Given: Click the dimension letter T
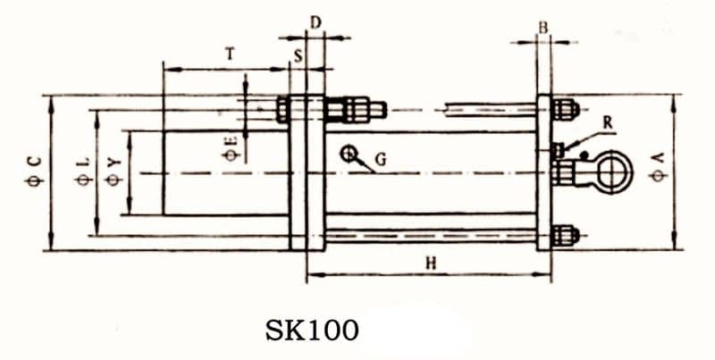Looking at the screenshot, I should click(230, 54).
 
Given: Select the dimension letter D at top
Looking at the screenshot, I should click(314, 21).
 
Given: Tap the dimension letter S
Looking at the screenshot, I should click(298, 55).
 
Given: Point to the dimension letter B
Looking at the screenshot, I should click(543, 27).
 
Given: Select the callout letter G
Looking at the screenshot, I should click(380, 161).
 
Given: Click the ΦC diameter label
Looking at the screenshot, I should click(33, 170).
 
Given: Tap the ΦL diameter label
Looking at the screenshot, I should click(82, 170).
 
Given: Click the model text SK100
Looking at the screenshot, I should click(312, 331).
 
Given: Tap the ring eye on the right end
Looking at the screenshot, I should click(612, 169).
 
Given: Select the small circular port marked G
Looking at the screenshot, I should click(347, 153).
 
